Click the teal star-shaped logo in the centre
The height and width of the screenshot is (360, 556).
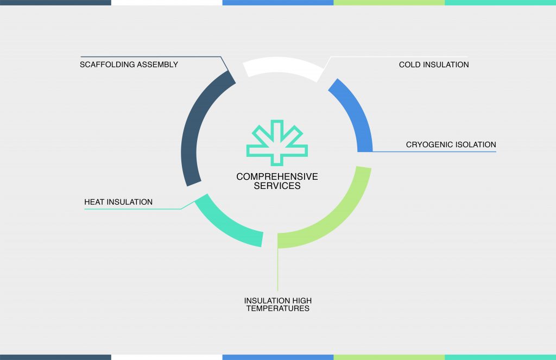click(277, 143)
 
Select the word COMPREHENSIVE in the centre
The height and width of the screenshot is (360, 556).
click(277, 176)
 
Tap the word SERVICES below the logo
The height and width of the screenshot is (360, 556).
click(277, 186)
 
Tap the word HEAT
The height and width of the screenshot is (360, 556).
click(94, 202)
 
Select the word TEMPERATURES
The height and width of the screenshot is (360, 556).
click(277, 308)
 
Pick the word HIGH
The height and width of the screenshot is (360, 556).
click(302, 301)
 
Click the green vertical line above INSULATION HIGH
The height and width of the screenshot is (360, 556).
click(277, 269)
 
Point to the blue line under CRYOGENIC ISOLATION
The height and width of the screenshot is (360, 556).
click(434, 152)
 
